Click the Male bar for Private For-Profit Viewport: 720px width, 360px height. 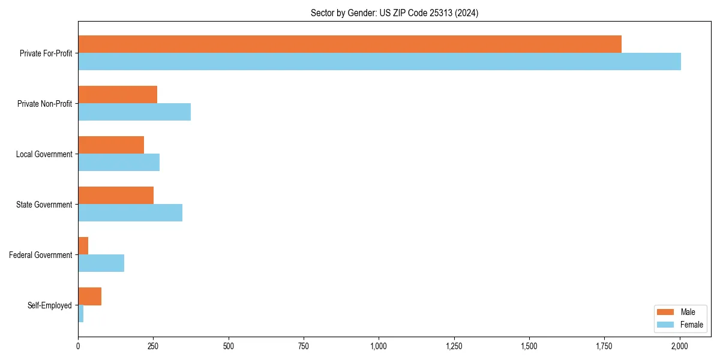tap(350, 44)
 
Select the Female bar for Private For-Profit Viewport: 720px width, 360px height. tap(379, 62)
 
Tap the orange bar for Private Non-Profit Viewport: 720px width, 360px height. tap(118, 95)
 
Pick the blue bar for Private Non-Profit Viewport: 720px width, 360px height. tap(134, 112)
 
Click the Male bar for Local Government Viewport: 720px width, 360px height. tap(111, 145)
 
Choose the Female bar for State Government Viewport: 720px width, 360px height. tap(130, 213)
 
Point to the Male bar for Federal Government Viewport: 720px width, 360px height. tap(83, 245)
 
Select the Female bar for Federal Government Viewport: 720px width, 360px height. tap(101, 263)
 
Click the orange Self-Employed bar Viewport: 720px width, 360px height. tap(90, 296)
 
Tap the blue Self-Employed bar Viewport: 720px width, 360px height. tap(81, 314)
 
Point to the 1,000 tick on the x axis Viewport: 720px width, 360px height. tap(379, 346)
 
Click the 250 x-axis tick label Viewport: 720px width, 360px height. tap(153, 346)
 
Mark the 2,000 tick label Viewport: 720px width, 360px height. tap(679, 346)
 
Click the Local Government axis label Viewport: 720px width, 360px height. tap(44, 154)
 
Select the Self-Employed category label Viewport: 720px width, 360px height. tap(49, 305)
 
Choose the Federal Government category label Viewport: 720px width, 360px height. tap(40, 255)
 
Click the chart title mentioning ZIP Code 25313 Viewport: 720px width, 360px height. tap(394, 13)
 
